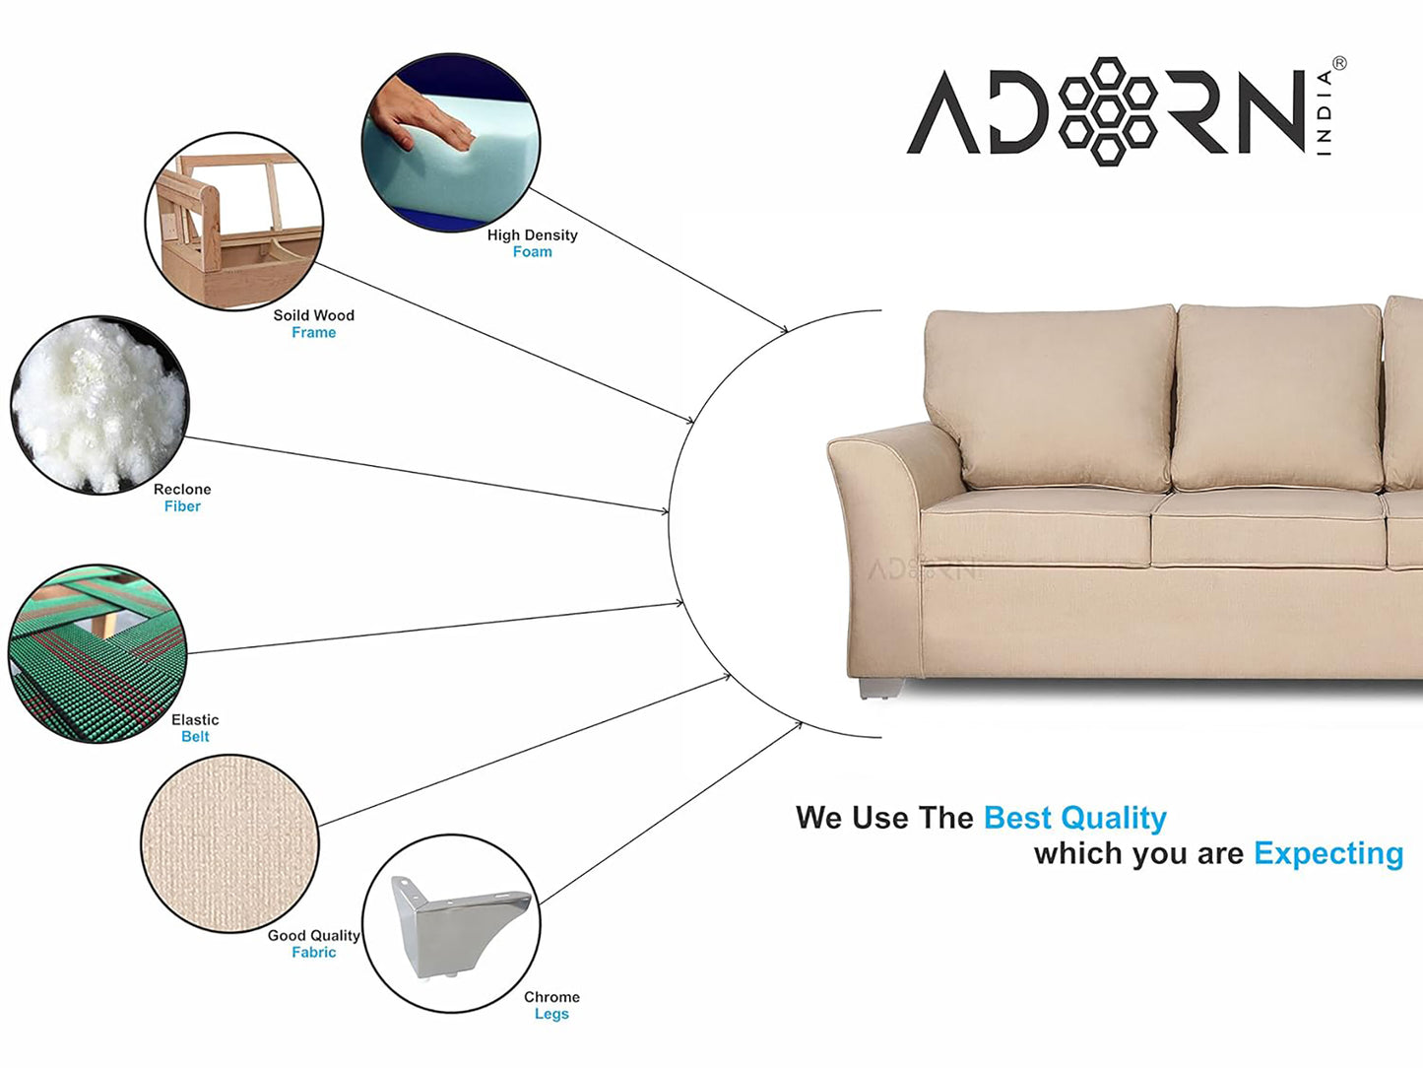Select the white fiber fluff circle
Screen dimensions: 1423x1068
[x=99, y=405]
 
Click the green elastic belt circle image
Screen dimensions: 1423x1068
[x=97, y=653]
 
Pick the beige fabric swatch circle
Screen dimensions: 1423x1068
[x=230, y=843]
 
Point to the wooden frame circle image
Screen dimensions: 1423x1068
[x=234, y=221]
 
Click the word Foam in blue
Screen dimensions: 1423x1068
[x=532, y=251]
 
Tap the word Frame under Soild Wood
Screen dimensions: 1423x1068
[x=314, y=333]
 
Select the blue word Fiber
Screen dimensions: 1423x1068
[x=182, y=506]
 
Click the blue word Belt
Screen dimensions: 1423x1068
[x=195, y=737]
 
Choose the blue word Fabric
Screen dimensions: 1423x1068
[x=314, y=952]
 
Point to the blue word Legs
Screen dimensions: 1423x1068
[x=551, y=1014]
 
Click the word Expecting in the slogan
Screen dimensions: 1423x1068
[x=1328, y=853]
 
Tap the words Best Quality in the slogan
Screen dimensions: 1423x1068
[x=1075, y=818]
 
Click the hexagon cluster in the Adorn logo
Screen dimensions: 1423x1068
[x=1107, y=111]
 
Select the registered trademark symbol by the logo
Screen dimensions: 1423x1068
[x=1339, y=64]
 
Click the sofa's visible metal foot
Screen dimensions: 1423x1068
[x=879, y=688]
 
